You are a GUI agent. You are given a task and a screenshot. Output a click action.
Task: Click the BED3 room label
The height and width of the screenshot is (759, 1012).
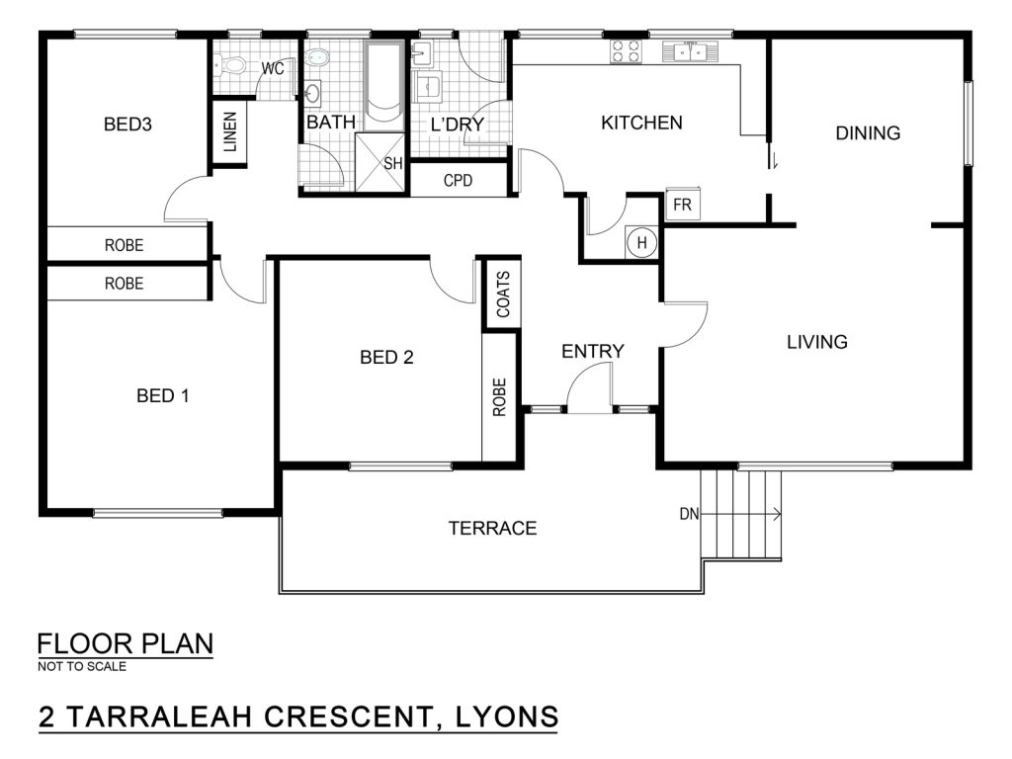coord(127,124)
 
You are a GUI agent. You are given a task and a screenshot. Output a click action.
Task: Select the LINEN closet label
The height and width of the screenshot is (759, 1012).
coord(229,132)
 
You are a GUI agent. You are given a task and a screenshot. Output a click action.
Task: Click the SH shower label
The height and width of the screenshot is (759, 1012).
coord(392,163)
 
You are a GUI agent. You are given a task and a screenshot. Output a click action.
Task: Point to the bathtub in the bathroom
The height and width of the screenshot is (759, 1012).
coord(383,85)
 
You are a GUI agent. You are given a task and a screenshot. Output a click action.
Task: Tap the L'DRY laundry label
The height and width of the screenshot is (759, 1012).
coord(457,124)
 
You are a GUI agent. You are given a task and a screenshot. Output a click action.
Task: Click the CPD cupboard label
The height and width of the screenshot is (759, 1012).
coord(458,181)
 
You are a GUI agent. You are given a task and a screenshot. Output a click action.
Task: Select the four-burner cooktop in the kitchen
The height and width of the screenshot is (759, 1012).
coord(626,51)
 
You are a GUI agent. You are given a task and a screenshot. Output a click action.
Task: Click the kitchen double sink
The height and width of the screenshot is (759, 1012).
coord(690,51)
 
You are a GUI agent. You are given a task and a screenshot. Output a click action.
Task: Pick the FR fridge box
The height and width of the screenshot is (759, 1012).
coord(683,204)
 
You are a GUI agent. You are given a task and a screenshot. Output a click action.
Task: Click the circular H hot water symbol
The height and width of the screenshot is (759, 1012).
coord(641,243)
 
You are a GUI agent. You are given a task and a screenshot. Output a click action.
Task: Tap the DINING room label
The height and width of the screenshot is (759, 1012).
coord(868,133)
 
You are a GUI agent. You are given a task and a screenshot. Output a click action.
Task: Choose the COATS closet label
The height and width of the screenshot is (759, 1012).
coord(503,294)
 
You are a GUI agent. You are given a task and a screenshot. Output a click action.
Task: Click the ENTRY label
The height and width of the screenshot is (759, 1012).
coord(593,351)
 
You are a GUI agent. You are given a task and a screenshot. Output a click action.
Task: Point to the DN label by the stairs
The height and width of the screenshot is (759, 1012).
coord(689,514)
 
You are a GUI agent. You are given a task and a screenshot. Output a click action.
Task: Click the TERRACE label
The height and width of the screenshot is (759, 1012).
coord(492,529)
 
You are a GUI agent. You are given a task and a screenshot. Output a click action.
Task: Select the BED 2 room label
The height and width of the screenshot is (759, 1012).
coord(386,357)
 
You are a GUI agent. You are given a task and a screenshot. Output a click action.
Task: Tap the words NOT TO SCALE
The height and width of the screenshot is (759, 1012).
coord(82,667)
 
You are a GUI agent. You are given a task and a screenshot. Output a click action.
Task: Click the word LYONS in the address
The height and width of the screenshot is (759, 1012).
coord(507,717)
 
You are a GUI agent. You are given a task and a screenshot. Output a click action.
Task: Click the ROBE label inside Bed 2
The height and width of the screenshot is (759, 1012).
coord(499,397)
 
